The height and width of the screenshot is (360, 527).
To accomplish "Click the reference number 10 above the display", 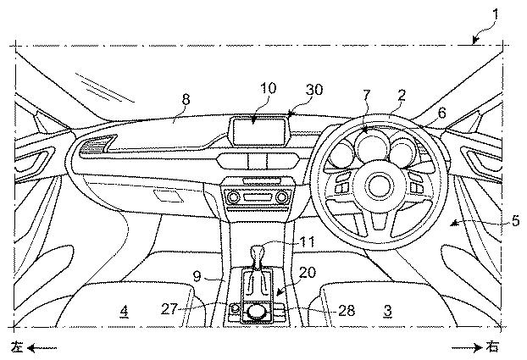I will (269, 88).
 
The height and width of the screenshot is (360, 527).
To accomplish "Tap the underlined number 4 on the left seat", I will (125, 311).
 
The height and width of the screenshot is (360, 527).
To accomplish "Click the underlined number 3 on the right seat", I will (388, 311).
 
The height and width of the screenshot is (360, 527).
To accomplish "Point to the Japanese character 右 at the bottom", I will (493, 346).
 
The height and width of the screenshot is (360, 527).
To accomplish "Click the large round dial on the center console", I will (254, 311).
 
